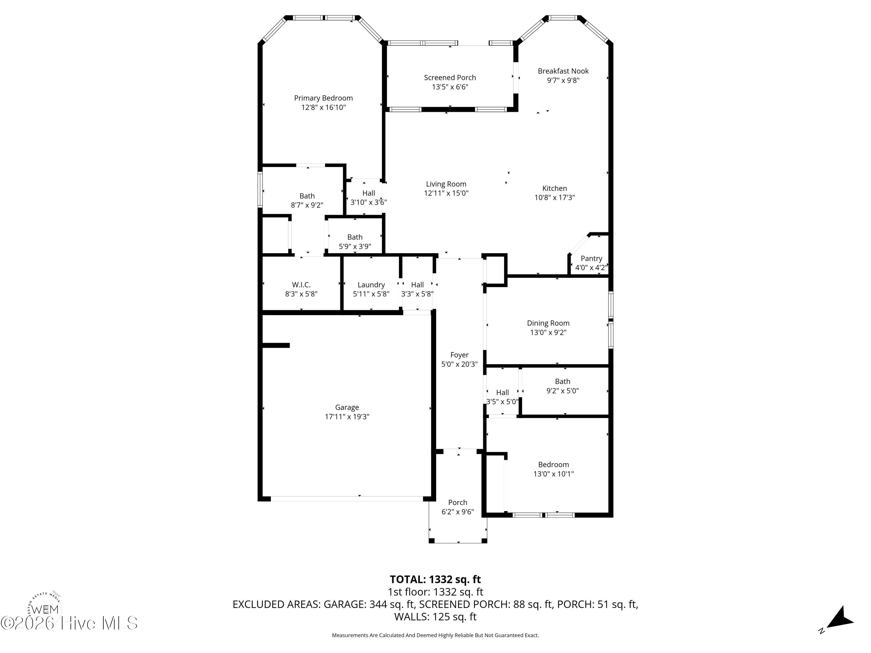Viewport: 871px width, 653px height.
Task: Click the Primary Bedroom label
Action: click(x=323, y=98)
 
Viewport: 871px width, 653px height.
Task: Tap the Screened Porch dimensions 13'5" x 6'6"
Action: click(x=450, y=87)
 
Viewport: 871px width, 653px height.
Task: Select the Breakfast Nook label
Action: click(x=563, y=71)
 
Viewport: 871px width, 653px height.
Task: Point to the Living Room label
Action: click(x=446, y=184)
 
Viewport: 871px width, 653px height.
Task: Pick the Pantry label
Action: click(x=591, y=258)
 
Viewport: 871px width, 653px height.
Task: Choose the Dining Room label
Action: click(x=548, y=323)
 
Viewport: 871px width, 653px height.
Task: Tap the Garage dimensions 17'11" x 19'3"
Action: click(x=347, y=417)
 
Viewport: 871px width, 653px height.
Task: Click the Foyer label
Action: click(x=460, y=355)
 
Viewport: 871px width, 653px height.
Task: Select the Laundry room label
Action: click(x=371, y=285)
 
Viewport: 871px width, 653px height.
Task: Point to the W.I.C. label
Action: click(x=301, y=285)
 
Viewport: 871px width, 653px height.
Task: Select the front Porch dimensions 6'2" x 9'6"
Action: click(x=458, y=512)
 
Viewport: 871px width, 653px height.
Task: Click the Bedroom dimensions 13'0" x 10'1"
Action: click(x=554, y=474)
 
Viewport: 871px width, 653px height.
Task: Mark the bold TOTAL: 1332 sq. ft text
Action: click(x=435, y=579)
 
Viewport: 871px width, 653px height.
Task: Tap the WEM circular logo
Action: click(x=44, y=608)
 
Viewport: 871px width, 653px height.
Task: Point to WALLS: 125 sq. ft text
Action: click(x=435, y=617)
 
